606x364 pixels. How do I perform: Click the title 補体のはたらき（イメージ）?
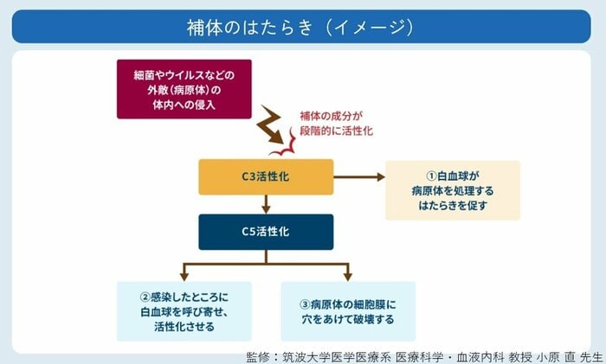[x=302, y=27]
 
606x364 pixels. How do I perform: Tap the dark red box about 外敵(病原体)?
[x=184, y=89]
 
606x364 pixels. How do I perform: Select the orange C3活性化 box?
[x=266, y=177]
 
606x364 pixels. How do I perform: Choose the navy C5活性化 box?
[x=266, y=231]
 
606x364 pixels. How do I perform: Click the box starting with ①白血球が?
[x=453, y=189]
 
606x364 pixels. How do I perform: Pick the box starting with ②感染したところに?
[x=184, y=310]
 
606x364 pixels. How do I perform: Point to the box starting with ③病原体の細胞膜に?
[x=349, y=310]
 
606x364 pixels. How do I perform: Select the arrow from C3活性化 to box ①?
[x=358, y=177]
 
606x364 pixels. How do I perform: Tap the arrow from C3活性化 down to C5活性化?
[x=266, y=204]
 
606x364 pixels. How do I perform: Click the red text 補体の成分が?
[x=331, y=115]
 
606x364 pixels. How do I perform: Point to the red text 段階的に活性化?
[x=337, y=131]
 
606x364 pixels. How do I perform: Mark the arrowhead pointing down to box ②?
[x=184, y=274]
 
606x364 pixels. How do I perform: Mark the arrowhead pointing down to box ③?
[x=347, y=274]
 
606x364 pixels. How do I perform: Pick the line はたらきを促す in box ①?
[x=453, y=205]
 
